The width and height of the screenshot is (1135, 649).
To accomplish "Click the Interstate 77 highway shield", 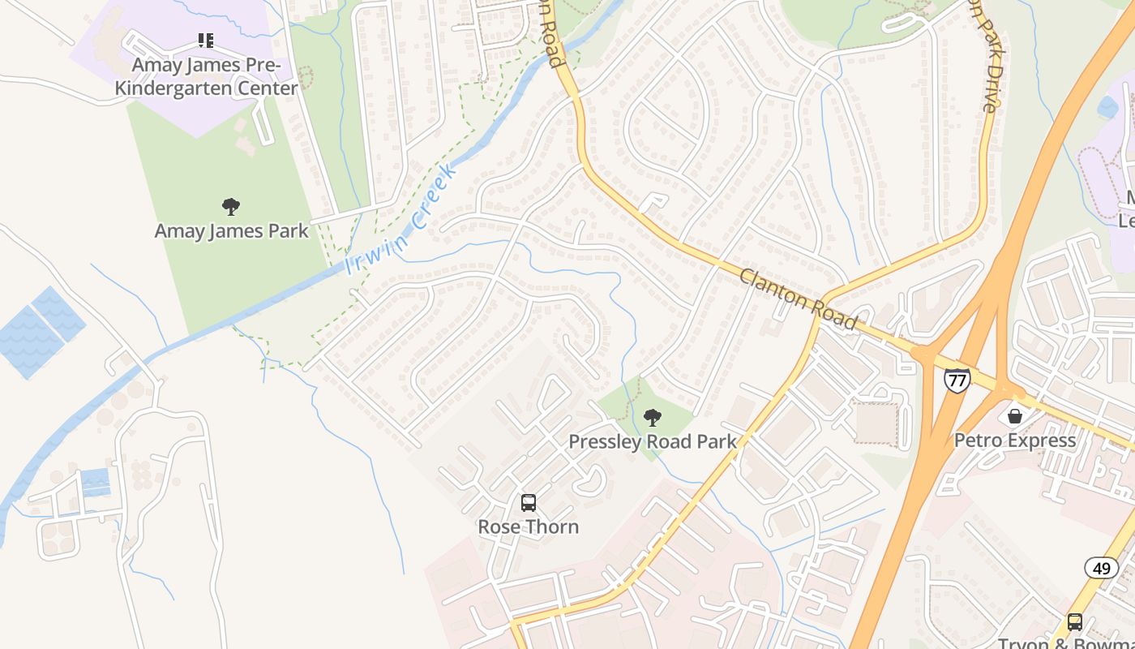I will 957,380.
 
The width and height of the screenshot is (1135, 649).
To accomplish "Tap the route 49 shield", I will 1101,568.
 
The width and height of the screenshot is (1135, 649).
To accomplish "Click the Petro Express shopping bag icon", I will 1014,416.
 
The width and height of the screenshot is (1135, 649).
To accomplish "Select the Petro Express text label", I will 1015,441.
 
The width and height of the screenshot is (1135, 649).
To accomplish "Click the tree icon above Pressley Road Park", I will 652,419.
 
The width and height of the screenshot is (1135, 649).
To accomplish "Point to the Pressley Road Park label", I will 652,442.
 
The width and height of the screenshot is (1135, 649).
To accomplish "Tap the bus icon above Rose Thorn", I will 529,503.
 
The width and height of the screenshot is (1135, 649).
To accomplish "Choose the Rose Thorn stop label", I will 529,527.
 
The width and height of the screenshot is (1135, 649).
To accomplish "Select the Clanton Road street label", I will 798,299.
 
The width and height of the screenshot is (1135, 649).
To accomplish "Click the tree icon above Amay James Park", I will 231,207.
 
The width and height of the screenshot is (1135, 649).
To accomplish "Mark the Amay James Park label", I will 231,231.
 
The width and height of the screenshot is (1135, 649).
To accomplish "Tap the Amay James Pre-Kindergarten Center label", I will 206,76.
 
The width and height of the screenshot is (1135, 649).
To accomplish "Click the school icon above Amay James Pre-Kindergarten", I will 206,40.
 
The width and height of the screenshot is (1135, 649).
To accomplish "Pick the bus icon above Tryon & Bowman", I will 1075,622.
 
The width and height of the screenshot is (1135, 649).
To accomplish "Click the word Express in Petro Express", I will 1041,441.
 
